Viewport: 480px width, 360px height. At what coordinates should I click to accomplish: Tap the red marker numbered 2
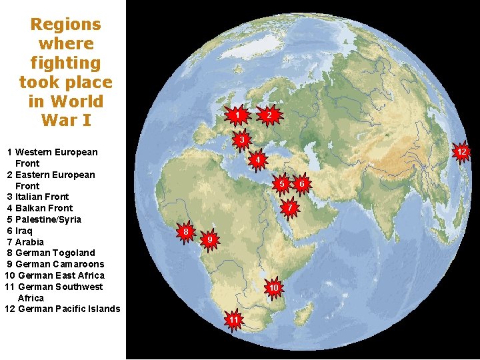click(268, 115)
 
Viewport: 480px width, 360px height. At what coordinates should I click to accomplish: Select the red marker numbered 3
click(242, 139)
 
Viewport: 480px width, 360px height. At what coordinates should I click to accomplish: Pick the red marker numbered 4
click(257, 159)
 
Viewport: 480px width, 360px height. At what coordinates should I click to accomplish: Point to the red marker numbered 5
click(283, 183)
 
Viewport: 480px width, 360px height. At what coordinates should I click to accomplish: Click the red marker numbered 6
click(302, 183)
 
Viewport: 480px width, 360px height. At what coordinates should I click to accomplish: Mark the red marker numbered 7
click(289, 208)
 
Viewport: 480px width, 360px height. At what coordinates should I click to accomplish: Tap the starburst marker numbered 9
click(209, 239)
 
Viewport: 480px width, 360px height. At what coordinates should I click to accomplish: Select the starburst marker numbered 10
click(273, 287)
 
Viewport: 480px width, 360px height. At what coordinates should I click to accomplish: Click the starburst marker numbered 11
click(234, 320)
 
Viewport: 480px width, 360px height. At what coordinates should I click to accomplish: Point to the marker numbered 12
click(461, 152)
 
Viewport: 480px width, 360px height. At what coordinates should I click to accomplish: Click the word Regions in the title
click(66, 25)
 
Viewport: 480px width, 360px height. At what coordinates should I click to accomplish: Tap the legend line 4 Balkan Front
click(40, 208)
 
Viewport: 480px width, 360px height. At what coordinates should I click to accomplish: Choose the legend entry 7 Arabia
click(25, 242)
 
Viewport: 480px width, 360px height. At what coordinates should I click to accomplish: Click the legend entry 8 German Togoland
click(51, 253)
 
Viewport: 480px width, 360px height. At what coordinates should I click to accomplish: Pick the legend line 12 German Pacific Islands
click(62, 309)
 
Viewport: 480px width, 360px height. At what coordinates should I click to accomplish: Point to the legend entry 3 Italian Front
click(38, 197)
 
